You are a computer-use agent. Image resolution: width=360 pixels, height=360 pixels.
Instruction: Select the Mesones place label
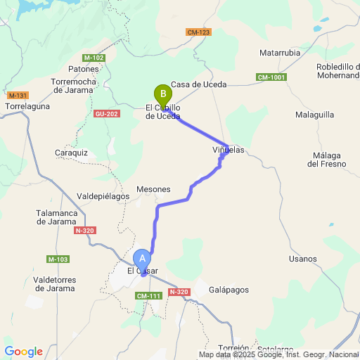pos(153,189)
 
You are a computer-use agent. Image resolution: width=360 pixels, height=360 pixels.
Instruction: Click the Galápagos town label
pos(229,290)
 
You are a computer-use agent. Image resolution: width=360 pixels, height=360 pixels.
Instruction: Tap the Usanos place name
pos(303,259)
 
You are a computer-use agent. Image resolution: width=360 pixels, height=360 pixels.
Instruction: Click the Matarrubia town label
pos(280,53)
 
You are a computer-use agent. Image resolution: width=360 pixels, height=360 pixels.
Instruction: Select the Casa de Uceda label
pos(198,84)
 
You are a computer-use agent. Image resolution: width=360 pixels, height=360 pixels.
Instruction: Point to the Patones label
pos(84,69)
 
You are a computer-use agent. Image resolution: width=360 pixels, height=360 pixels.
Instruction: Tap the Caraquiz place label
pos(70,153)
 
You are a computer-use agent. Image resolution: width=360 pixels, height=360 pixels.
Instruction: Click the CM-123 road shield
pos(199,32)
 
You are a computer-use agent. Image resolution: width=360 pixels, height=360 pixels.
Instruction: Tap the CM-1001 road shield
pos(271,77)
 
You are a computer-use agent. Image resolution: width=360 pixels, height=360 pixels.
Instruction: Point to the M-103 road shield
pos(58,259)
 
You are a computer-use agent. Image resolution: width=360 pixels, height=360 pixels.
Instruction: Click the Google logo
pos(23,352)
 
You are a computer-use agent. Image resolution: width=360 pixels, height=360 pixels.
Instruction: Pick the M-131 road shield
pos(18,95)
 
